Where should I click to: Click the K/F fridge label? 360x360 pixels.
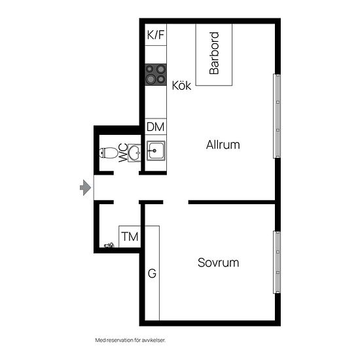155,35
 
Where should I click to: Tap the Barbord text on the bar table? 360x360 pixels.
214,53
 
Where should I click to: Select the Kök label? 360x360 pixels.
181,85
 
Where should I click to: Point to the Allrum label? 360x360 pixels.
223,145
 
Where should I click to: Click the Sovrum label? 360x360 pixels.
218,262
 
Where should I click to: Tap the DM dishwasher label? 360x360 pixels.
155,127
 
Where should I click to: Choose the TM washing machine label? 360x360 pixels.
130,237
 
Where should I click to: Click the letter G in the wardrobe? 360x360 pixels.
152,273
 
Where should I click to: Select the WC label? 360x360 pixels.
123,153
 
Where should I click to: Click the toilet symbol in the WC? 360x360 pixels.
109,153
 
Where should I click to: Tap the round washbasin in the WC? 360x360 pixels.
134,153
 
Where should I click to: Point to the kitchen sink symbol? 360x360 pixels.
156,151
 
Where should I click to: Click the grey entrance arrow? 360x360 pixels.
85,188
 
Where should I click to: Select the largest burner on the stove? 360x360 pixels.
151,79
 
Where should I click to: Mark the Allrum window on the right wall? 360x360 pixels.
277,116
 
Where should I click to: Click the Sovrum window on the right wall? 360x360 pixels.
277,262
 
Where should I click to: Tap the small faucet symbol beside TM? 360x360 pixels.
109,245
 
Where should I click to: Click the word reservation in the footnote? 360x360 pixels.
117,340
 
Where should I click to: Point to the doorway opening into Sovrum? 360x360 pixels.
176,202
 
